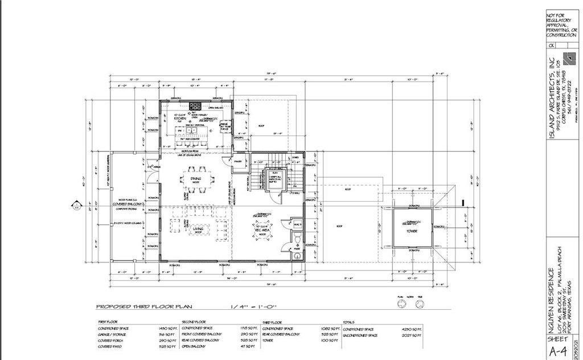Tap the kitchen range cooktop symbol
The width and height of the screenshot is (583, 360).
[195, 105]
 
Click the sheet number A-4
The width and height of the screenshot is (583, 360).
[560, 350]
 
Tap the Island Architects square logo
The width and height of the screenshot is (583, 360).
[569, 58]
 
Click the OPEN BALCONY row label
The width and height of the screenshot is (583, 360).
[194, 346]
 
